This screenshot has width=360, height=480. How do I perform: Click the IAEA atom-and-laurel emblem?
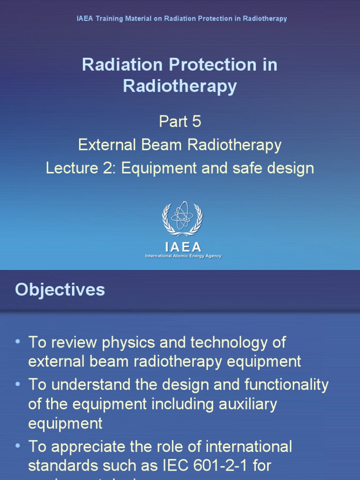coord(182,218)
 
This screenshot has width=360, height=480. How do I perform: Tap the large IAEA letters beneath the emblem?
coord(183,247)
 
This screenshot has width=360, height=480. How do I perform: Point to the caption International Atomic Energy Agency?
coord(183,256)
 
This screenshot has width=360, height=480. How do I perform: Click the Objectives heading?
coord(60,290)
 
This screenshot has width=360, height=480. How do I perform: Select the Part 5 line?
coord(180,121)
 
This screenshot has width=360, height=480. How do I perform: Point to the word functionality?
coord(286,385)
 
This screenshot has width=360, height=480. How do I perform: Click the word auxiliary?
coord(245,404)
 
